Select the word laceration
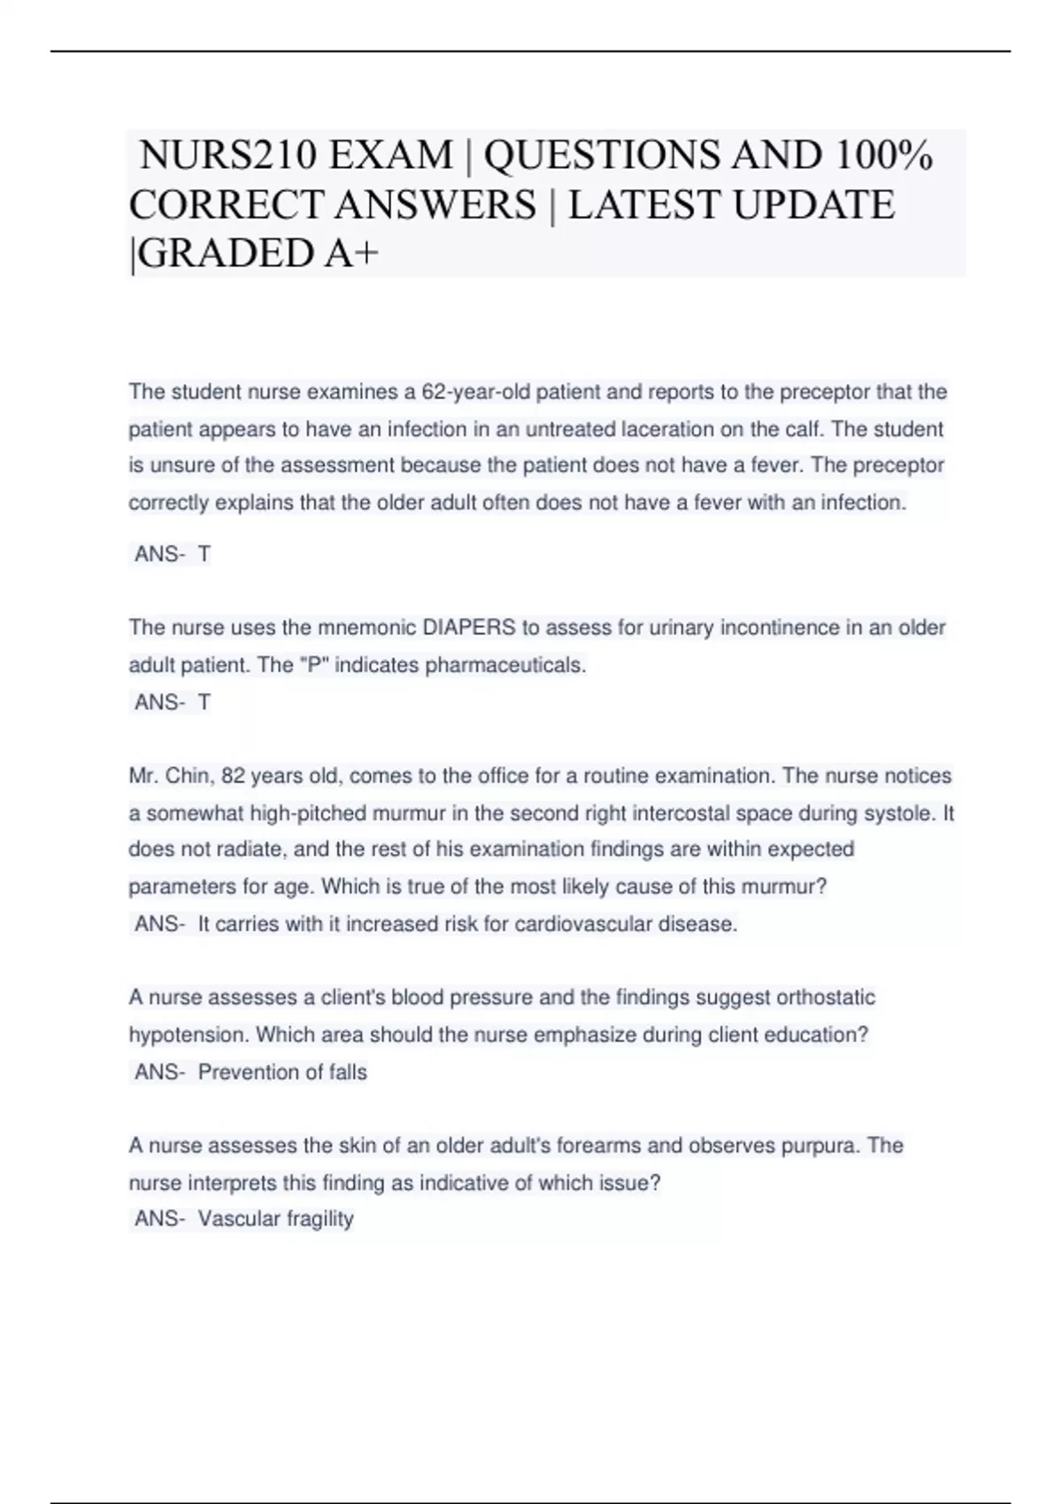coord(670,430)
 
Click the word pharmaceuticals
coord(505,665)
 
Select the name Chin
coord(186,776)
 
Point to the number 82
coord(233,776)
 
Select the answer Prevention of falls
coord(282,1072)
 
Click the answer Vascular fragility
coord(275,1219)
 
